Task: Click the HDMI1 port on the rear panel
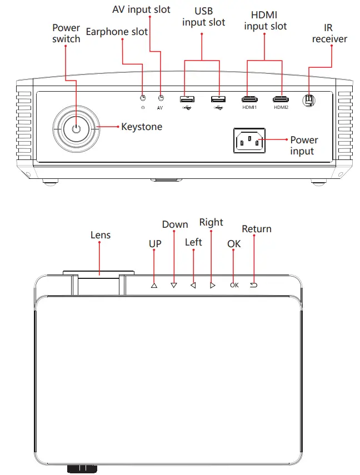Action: coord(249,99)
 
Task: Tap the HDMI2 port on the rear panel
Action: coord(281,99)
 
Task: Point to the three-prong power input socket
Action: coord(249,142)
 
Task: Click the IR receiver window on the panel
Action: coord(309,100)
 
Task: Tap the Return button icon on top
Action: coord(254,284)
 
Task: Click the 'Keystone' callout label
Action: coord(142,127)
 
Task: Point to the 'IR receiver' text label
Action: coord(329,33)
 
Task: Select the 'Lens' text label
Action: coord(101,235)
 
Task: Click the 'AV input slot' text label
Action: coord(141,9)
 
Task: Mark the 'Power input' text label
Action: coord(304,146)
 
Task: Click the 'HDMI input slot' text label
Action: coord(266,21)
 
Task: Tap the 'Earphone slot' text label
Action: coord(117,32)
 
